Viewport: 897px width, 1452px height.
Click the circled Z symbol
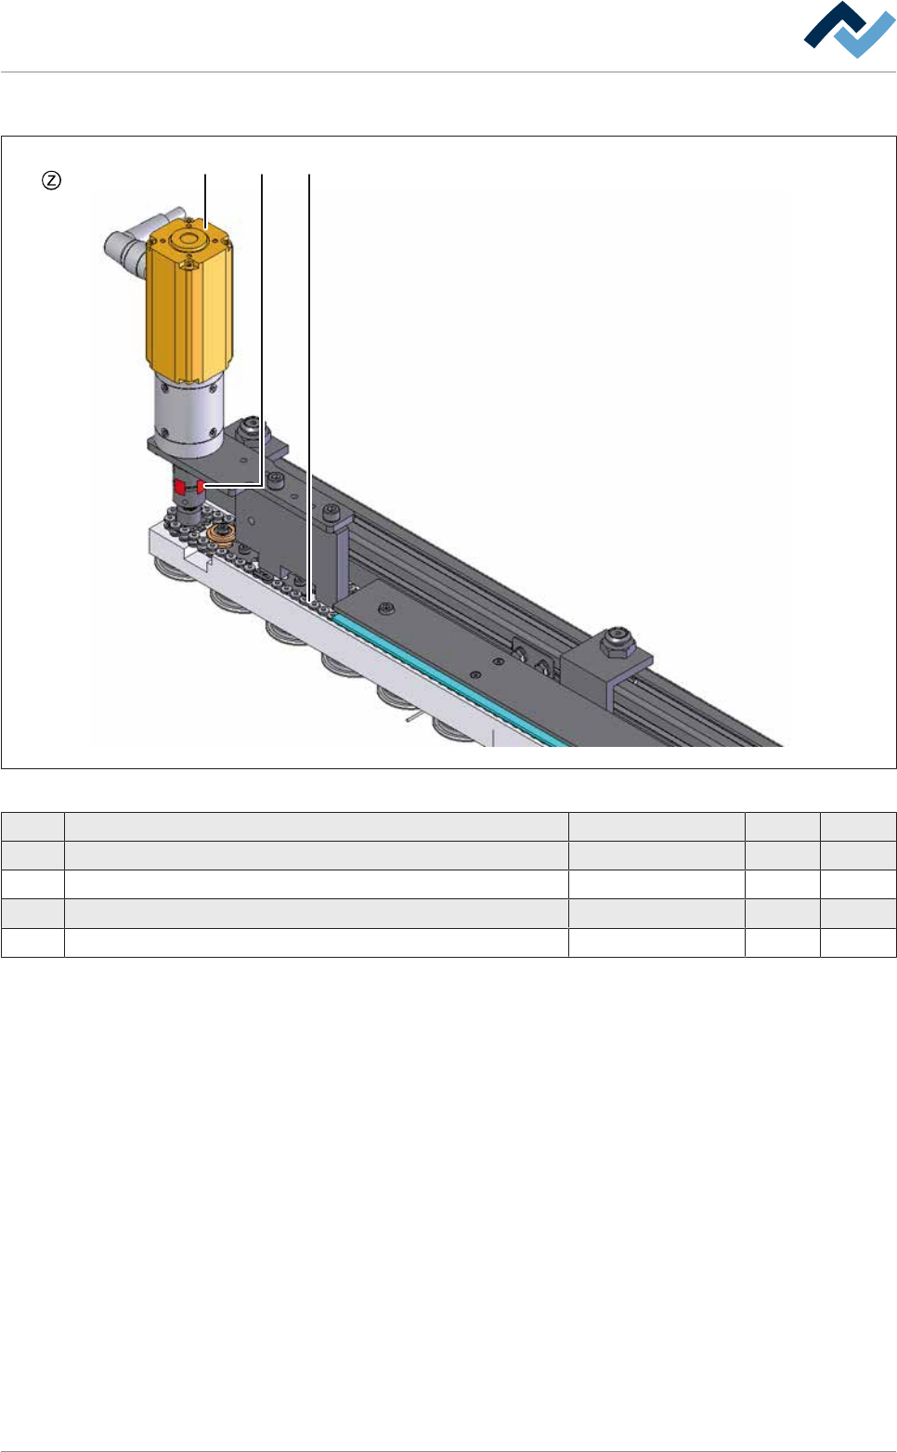tap(51, 180)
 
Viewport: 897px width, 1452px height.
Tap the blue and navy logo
tap(849, 30)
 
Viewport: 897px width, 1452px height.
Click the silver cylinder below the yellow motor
tap(188, 416)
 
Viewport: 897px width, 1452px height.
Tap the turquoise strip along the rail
tap(448, 679)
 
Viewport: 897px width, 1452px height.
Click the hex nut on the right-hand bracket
tap(617, 641)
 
